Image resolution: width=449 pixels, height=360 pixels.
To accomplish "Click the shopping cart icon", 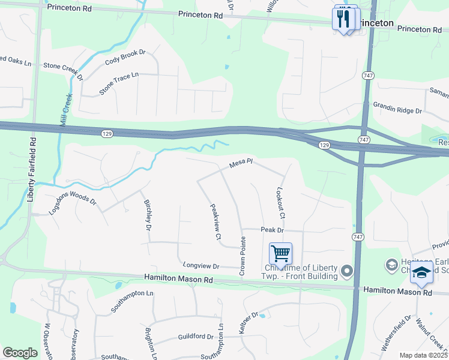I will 280,254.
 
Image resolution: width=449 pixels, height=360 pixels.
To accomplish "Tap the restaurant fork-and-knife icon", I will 344,18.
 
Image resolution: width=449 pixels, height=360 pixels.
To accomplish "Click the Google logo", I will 20,353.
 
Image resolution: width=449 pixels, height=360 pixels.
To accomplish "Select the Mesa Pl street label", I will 243,163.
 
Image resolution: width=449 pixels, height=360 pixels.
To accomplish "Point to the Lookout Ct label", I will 280,202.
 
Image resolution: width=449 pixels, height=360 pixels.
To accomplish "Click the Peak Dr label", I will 271,230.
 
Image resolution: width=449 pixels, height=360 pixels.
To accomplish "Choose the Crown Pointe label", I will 243,256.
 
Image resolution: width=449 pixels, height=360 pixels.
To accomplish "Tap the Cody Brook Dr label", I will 125,57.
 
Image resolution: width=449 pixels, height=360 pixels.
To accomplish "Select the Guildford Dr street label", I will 196,337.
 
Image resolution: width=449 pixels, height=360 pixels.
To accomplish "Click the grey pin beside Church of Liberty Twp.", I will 347,272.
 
